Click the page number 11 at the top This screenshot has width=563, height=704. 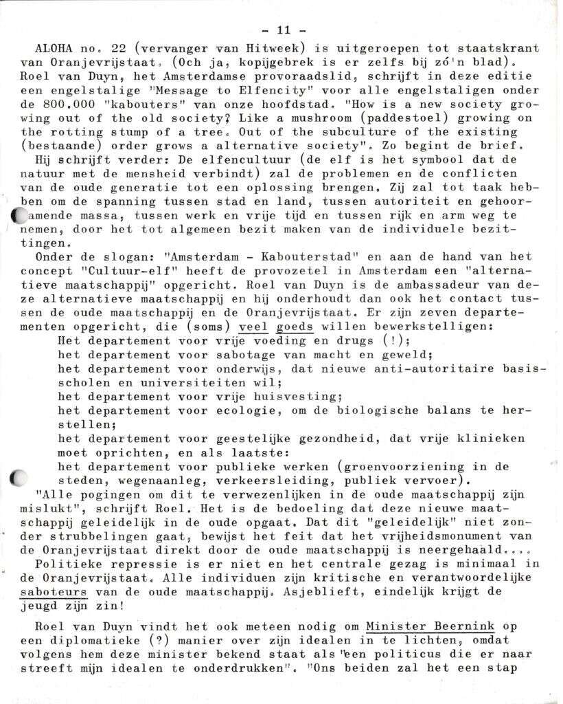point(283,30)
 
